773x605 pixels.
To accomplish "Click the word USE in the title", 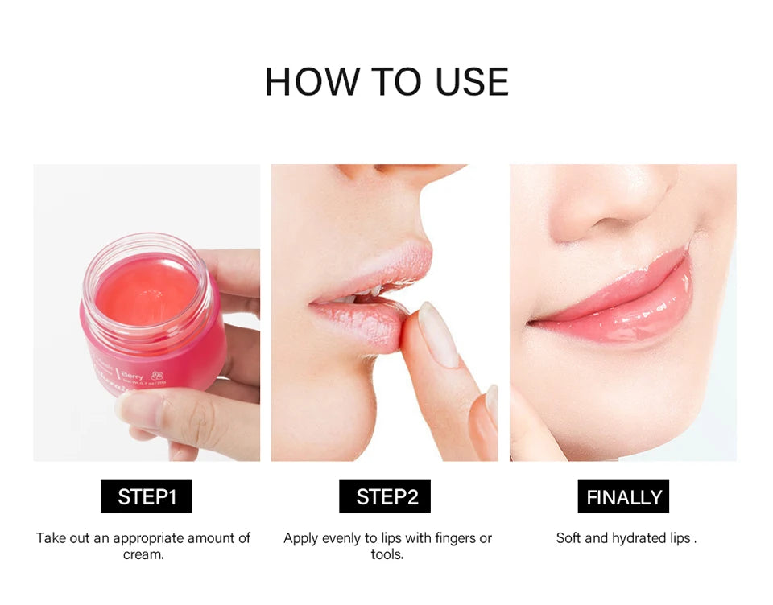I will (x=472, y=82).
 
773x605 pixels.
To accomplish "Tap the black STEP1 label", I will (x=147, y=496).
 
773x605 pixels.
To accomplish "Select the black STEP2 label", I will (x=385, y=496).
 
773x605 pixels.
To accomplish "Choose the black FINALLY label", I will (x=623, y=496).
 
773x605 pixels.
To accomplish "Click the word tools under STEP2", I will (x=386, y=554).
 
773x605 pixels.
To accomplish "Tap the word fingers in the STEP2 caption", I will (x=445, y=537).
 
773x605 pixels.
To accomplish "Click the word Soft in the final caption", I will (x=569, y=537).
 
